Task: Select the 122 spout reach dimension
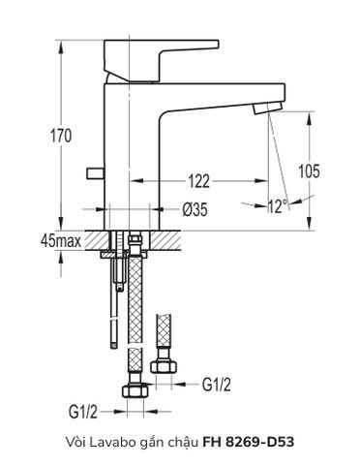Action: pyautogui.click(x=200, y=180)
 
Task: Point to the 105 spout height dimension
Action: pyautogui.click(x=309, y=172)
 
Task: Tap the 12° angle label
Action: pyautogui.click(x=278, y=205)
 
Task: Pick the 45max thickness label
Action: pyautogui.click(x=59, y=239)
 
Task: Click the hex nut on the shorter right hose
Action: pyautogui.click(x=165, y=369)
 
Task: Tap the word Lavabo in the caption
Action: pyautogui.click(x=113, y=441)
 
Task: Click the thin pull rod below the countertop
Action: pyautogui.click(x=114, y=310)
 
